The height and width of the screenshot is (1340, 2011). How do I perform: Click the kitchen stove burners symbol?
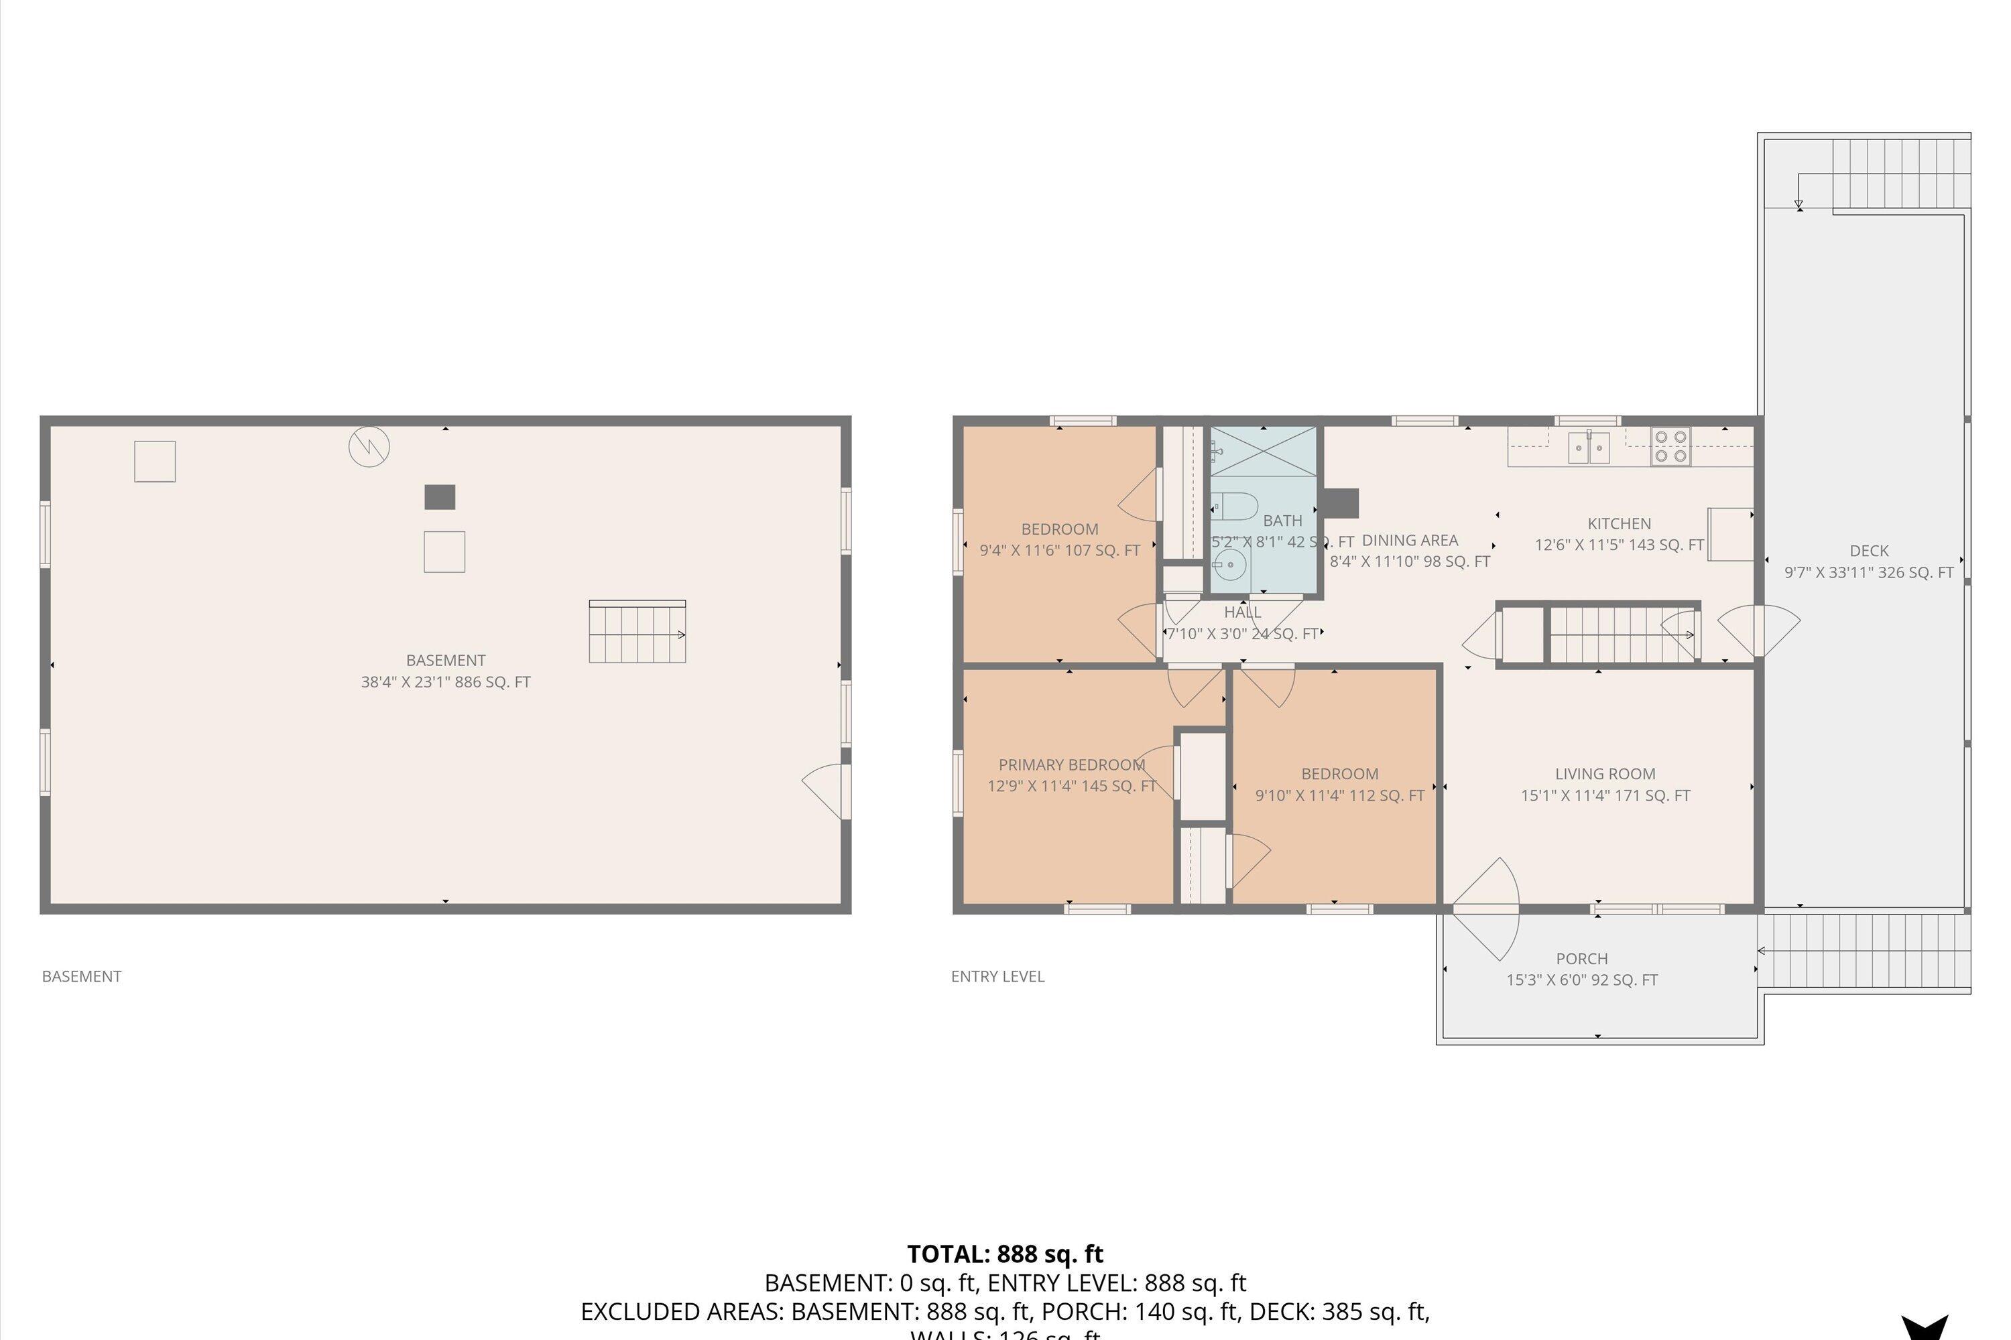1670,446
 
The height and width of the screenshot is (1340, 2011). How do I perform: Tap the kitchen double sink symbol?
1589,447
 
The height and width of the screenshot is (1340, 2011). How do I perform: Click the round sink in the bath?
1229,565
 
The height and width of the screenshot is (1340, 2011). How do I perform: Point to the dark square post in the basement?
440,496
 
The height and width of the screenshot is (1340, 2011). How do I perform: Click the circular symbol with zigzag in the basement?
369,446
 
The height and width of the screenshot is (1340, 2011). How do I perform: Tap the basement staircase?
637,632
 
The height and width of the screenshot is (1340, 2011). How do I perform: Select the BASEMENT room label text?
446,661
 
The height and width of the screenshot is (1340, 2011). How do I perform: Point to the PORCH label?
1581,959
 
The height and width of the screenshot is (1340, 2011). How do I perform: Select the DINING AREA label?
1409,540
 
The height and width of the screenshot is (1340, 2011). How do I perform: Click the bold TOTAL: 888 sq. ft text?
1005,1254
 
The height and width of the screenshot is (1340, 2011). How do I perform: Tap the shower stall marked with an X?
1263,451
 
